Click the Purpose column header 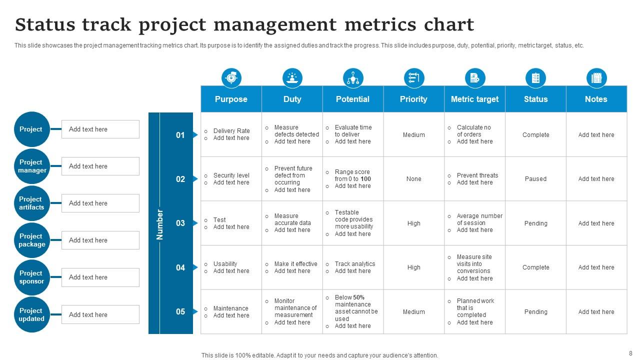point(231,99)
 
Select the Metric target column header point(474,99)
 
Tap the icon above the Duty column point(292,78)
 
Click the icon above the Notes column point(596,78)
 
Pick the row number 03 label point(180,223)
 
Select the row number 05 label point(180,311)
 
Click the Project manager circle point(32,166)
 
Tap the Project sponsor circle point(32,277)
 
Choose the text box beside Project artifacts point(100,203)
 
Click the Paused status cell point(535,179)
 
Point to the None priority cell point(413,179)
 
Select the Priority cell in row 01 point(413,135)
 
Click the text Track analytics point(355,264)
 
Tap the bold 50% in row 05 point(358,297)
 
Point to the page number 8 point(630,353)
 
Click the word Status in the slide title point(45,24)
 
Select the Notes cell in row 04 point(596,267)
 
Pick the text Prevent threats point(477,175)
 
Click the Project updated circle point(32,314)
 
